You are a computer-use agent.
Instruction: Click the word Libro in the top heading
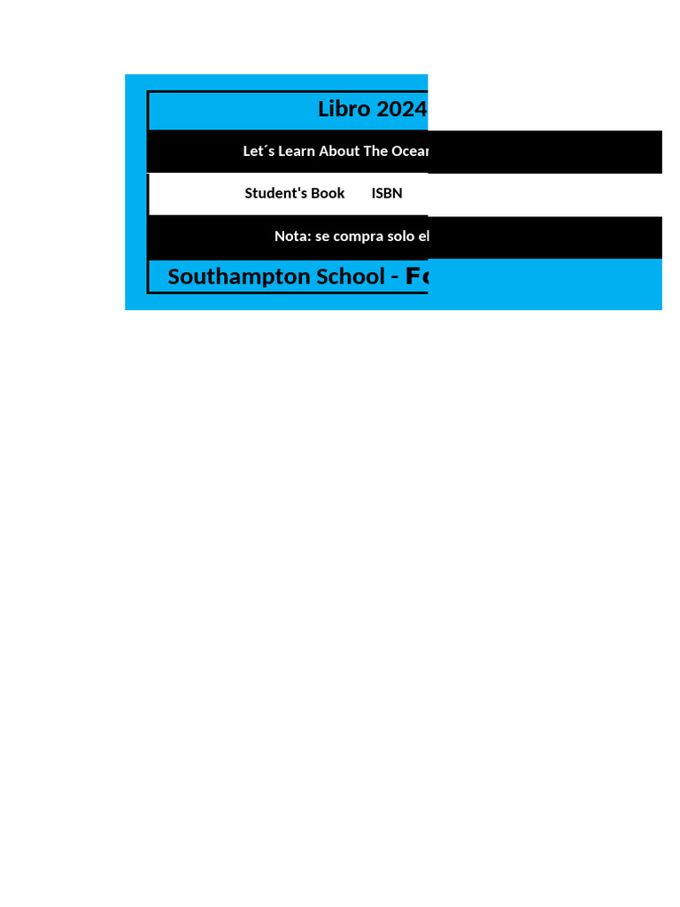(344, 109)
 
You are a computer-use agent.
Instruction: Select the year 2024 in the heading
(401, 109)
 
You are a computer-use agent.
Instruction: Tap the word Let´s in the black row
(259, 151)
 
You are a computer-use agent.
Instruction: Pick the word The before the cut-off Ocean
(375, 151)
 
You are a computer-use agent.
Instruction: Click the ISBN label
(387, 193)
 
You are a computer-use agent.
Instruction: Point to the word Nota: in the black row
(293, 236)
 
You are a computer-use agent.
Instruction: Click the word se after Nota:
(323, 236)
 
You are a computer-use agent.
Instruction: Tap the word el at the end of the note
(423, 236)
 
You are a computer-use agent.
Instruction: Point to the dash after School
(394, 277)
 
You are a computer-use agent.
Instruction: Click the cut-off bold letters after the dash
(416, 276)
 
